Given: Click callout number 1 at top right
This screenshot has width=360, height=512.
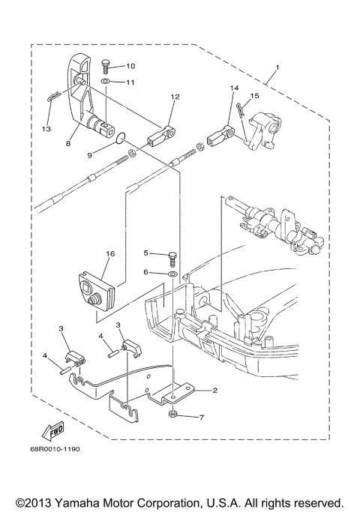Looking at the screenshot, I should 277,68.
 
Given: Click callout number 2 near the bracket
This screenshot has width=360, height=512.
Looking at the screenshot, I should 214,391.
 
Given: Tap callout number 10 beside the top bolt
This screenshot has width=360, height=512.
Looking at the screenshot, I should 130,66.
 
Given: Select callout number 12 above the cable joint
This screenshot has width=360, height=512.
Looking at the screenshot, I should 175,97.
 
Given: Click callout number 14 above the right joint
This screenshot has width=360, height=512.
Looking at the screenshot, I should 233,89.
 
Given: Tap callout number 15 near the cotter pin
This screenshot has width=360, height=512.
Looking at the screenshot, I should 254,96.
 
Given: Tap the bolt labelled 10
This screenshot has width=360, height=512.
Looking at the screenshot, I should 106,66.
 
